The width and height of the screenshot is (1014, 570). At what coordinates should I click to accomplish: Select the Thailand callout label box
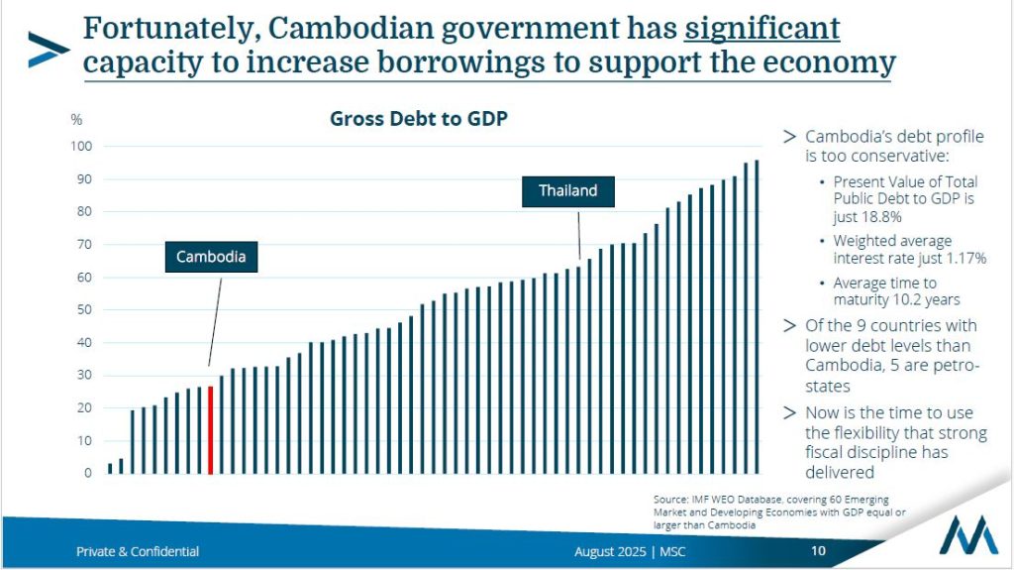(x=567, y=190)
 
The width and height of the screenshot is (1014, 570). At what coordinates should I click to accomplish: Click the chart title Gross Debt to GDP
(x=418, y=119)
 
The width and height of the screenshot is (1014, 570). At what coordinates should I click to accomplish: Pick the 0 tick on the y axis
(x=87, y=473)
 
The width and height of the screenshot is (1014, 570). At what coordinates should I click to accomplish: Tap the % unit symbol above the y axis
(x=76, y=119)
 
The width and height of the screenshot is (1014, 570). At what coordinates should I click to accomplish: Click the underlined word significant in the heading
(x=761, y=28)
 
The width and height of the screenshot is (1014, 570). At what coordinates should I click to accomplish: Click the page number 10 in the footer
(x=818, y=551)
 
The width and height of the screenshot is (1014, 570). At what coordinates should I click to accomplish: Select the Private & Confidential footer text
(x=138, y=551)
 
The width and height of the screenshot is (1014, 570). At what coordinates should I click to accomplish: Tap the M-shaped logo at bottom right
(x=968, y=535)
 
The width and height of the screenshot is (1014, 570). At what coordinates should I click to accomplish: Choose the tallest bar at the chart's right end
(x=757, y=316)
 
